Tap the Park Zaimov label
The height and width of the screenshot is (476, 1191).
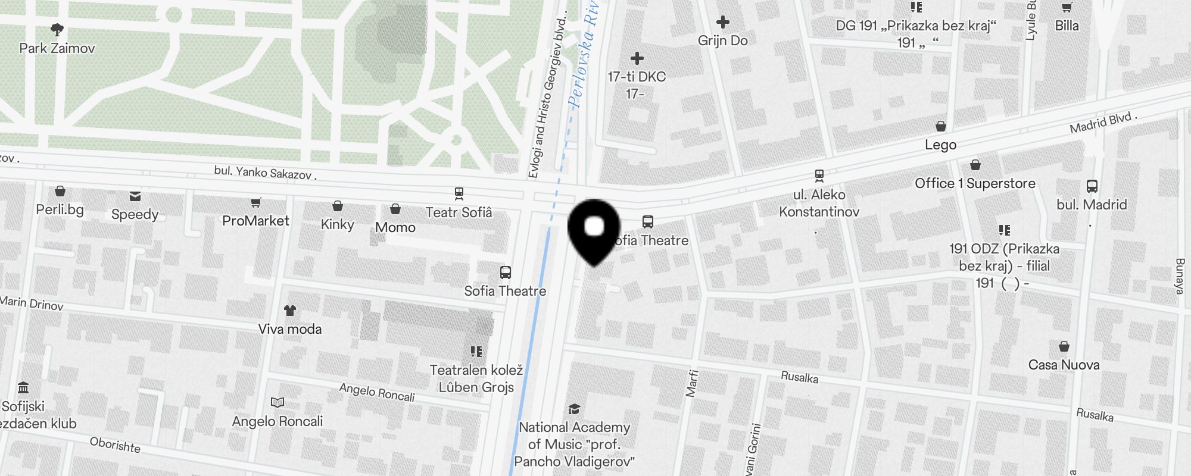57,48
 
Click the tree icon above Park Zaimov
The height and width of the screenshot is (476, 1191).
57,29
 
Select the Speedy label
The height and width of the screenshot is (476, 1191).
135,214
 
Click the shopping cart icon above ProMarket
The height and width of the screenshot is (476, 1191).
255,203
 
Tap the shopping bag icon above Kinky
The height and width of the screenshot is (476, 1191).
338,206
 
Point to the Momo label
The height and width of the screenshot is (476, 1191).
395,227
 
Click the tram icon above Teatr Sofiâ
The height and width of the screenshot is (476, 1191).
459,193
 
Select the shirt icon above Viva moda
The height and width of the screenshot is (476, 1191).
290,310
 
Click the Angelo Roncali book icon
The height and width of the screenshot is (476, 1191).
278,403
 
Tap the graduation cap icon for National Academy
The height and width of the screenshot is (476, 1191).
574,409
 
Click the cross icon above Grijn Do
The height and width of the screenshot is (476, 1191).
723,23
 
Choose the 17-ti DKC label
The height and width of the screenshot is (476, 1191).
637,77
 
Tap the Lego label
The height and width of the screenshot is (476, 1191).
941,145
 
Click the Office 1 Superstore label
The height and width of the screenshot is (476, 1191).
975,183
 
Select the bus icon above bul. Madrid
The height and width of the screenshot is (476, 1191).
1092,186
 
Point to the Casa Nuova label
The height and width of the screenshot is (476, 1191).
1064,365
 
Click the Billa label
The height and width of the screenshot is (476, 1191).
1067,26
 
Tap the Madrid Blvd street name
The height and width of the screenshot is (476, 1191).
1103,123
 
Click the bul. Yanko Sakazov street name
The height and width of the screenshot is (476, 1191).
265,173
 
